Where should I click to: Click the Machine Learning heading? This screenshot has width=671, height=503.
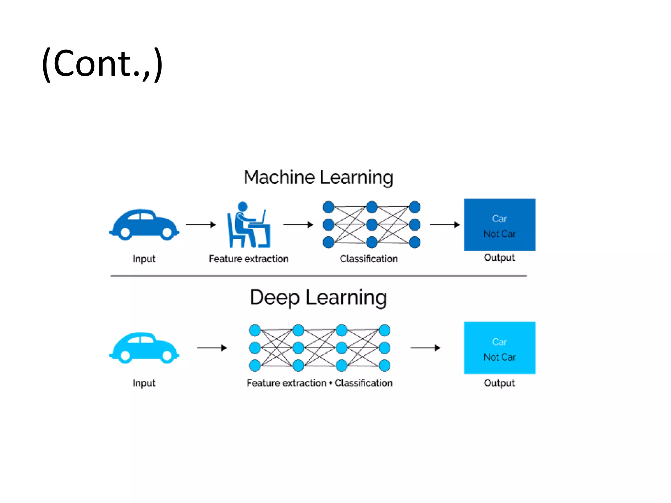(318, 177)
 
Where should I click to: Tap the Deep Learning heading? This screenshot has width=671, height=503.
(318, 297)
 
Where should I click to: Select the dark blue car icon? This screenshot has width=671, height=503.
(144, 224)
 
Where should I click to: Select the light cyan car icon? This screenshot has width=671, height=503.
(144, 347)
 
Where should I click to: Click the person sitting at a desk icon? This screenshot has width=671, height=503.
(249, 225)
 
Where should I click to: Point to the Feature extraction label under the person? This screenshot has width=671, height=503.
(249, 259)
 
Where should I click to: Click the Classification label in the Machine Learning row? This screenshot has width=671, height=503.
(369, 259)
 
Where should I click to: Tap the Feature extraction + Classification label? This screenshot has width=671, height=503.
(319, 383)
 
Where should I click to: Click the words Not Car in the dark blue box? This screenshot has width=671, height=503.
(499, 234)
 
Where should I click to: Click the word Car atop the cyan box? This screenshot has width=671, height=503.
(499, 342)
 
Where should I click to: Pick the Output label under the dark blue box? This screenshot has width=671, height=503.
(499, 257)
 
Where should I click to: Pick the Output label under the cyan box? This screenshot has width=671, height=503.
(499, 383)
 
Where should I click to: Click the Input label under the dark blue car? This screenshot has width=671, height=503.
(144, 259)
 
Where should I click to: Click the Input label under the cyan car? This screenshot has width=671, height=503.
(144, 383)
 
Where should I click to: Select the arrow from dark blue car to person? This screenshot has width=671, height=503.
(201, 225)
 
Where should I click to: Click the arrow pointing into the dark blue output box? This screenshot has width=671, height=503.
(445, 225)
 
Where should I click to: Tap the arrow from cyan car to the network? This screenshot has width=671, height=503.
(212, 348)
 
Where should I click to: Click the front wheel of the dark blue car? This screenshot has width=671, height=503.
(167, 233)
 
